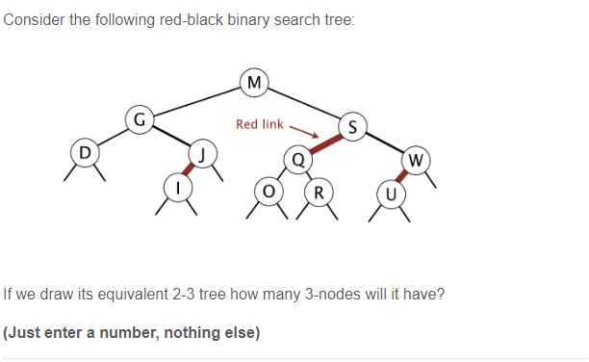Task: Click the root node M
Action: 254,82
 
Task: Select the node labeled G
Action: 140,120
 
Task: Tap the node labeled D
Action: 85,152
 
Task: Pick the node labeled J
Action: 203,152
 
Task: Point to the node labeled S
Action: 352,126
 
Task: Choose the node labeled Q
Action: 297,159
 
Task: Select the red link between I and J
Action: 189,169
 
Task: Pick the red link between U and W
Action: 402,175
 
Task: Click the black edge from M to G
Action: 197,101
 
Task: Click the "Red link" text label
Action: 260,124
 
